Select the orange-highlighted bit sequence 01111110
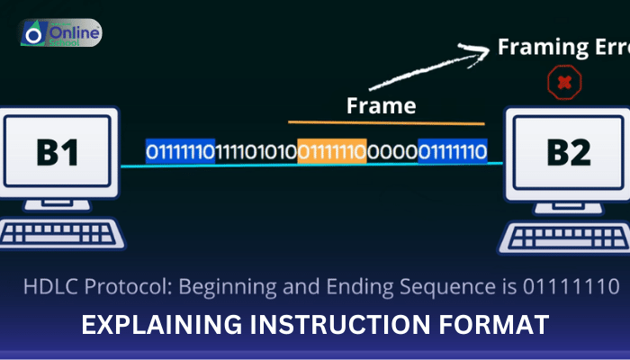(x=331, y=151)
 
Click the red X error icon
(x=563, y=83)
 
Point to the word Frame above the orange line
(x=381, y=106)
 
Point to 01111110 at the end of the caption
(x=566, y=288)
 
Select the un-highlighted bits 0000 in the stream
(x=391, y=151)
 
